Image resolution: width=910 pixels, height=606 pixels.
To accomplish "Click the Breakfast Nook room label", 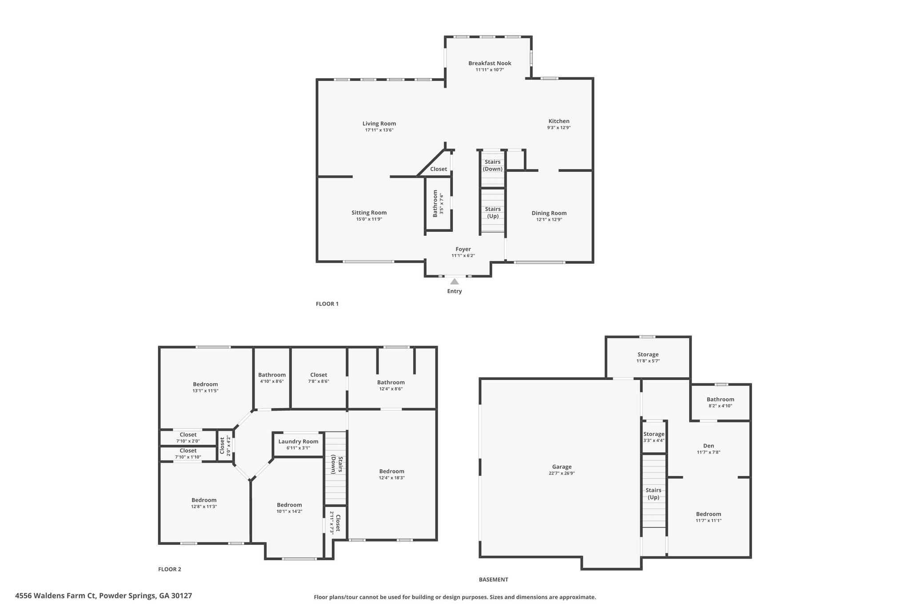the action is coord(490,63).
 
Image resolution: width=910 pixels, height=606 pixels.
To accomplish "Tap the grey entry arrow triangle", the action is coord(454,281).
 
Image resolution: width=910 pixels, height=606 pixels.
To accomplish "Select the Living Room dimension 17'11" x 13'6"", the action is coord(379,130).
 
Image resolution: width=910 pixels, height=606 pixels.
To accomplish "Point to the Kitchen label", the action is coord(559,121).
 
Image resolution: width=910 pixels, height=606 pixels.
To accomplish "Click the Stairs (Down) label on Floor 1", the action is coord(492,165).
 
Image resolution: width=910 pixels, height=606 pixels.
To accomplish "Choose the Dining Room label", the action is coord(549,213).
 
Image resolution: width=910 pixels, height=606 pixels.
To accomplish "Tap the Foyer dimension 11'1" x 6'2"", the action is coord(463,255).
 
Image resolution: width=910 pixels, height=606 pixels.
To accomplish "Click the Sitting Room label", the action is coord(369,213).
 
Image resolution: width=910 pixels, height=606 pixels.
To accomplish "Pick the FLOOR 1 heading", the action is coord(327,304).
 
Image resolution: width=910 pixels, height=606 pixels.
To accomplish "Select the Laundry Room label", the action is coord(298,441).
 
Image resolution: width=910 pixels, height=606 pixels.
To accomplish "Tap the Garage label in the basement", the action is coord(562,467).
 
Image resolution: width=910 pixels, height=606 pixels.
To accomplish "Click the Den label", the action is coord(708,446).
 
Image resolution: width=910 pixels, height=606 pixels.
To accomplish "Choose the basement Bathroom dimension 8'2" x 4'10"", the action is coord(720,406).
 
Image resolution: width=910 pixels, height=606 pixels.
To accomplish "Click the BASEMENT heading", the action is coord(493,579).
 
